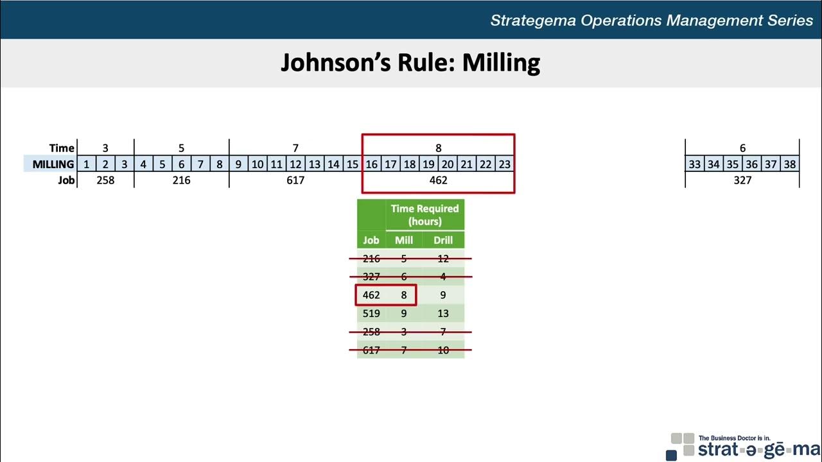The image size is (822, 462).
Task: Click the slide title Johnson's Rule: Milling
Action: pos(410,63)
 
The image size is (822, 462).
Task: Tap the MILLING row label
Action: pos(53,164)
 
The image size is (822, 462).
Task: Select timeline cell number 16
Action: pos(371,164)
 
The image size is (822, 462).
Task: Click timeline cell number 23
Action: pos(505,164)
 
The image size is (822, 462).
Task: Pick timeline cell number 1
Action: pos(86,164)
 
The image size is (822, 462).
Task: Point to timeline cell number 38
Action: pos(790,164)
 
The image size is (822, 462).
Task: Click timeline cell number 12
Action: pos(295,164)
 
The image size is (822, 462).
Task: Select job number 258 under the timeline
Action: pos(105,180)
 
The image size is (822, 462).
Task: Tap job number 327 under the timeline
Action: pos(742,180)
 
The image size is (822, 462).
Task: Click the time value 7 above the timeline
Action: pos(295,148)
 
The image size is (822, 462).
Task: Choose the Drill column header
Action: pos(443,241)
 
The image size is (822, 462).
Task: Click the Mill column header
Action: pos(404,241)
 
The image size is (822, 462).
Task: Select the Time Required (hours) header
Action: pos(424,215)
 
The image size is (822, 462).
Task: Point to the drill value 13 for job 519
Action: pos(443,314)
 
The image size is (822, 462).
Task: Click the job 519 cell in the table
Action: pos(371,314)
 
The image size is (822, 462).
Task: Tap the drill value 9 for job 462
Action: pos(443,295)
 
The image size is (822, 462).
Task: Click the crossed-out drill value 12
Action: pos(443,259)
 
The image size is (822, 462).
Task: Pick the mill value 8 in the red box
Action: pos(404,295)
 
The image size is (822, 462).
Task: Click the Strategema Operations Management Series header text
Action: pos(651,20)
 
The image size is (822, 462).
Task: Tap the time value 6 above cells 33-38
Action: pos(742,148)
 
